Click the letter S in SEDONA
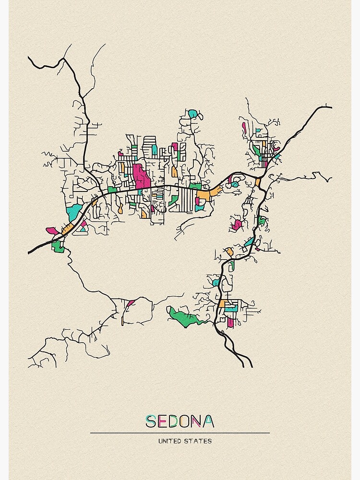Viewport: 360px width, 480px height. click(x=151, y=421)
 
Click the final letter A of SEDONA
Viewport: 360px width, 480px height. click(x=208, y=421)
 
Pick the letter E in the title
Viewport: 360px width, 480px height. click(x=163, y=421)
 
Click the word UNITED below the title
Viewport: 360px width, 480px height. click(x=168, y=441)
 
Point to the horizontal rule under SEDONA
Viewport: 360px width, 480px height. click(x=180, y=433)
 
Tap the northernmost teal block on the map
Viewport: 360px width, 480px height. click(x=192, y=114)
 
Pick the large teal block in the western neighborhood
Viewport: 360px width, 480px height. click(x=74, y=212)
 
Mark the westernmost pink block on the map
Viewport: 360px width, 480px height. click(x=52, y=231)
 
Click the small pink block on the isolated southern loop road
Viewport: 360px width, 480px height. click(x=131, y=303)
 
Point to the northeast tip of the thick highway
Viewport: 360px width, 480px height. click(x=331, y=107)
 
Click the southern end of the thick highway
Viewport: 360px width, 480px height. click(x=251, y=367)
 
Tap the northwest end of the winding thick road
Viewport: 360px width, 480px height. click(x=29, y=58)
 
